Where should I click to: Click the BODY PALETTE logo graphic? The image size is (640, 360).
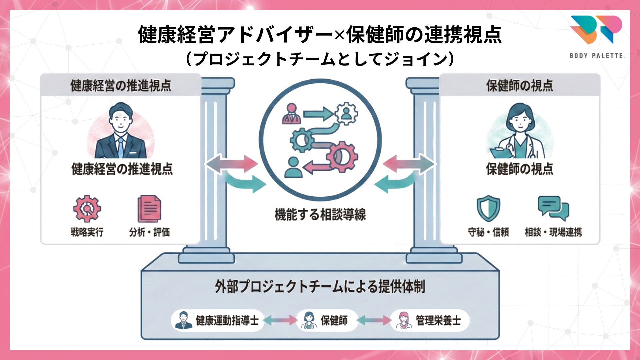tap(596, 29)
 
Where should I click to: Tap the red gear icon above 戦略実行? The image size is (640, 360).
tap(87, 209)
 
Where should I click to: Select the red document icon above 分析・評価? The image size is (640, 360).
tap(149, 209)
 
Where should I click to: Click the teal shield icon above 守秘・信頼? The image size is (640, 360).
tap(488, 208)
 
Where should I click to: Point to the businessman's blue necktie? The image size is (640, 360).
tap(120, 147)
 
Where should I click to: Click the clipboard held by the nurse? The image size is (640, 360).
tap(501, 153)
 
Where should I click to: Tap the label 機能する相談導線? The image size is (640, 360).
tap(320, 214)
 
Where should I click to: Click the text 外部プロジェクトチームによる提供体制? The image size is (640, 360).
tap(320, 287)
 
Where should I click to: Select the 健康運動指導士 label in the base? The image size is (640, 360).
tap(227, 321)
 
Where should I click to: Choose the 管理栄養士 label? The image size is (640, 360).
tap(438, 321)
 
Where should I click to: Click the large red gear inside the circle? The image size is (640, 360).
tap(342, 156)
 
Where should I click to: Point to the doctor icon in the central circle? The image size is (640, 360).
tap(291, 114)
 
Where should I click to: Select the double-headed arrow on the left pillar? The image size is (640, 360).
tap(231, 164)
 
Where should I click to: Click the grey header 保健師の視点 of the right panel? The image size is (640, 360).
tap(519, 86)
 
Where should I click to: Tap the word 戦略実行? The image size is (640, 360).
tap(87, 232)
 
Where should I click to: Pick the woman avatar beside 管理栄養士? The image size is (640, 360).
tap(403, 320)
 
